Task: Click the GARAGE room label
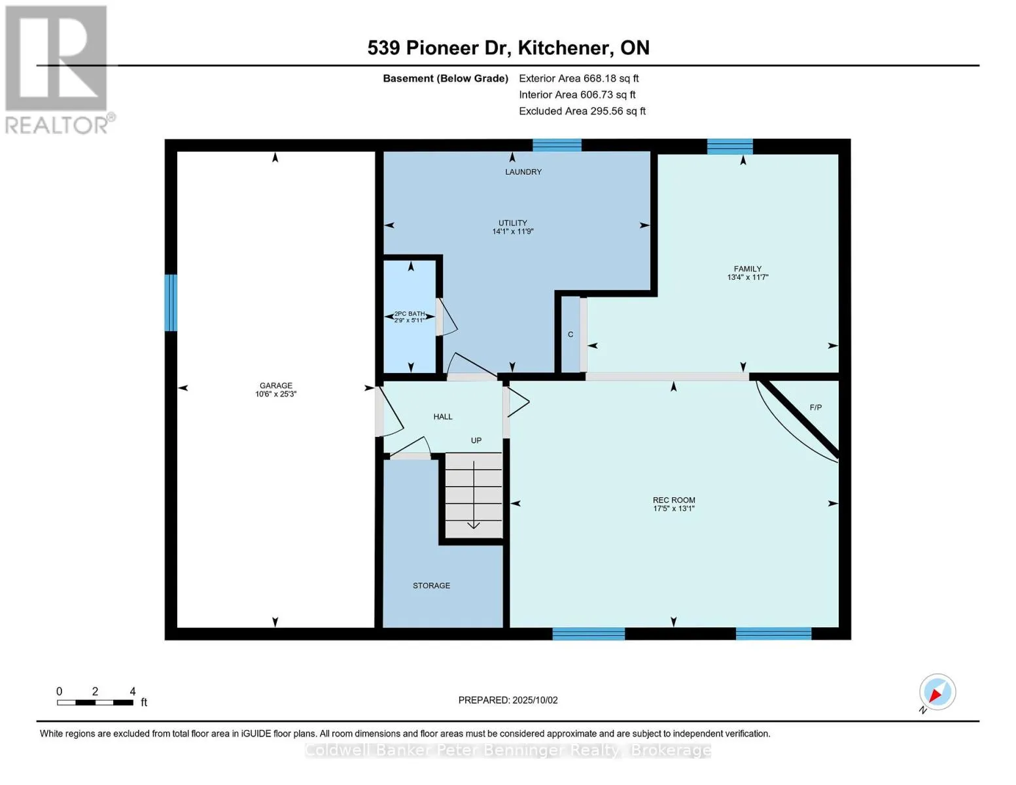click(275, 385)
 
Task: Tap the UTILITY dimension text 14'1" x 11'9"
click(512, 232)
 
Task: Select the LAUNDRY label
click(523, 172)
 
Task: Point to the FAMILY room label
click(747, 269)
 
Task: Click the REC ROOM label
click(674, 500)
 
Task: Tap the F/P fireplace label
click(815, 408)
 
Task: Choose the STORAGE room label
click(431, 585)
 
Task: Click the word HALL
click(443, 417)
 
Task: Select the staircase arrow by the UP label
click(474, 495)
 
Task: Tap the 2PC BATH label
click(410, 314)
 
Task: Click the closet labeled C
click(570, 334)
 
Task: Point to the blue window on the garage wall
click(171, 302)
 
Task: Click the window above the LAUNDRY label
click(557, 145)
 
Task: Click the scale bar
click(95, 702)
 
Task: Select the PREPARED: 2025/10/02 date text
click(508, 700)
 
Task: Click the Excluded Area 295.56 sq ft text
click(582, 111)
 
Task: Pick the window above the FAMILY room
click(730, 147)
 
